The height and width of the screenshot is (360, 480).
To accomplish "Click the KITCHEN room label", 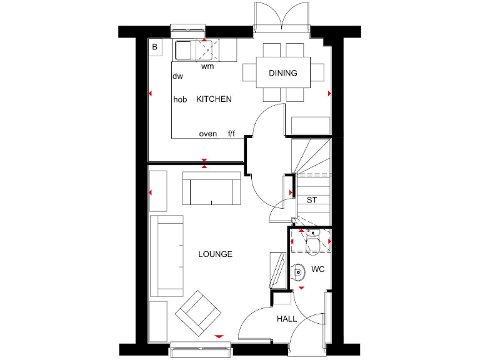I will pyautogui.click(x=214, y=99).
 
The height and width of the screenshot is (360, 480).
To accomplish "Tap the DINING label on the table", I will pyautogui.click(x=282, y=73).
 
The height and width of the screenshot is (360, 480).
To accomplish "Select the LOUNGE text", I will pyautogui.click(x=215, y=254).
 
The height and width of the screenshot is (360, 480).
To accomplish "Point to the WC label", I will pyautogui.click(x=317, y=270).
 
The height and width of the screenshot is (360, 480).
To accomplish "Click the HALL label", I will pyautogui.click(x=287, y=319).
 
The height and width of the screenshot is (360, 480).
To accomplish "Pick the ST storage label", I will pyautogui.click(x=311, y=200).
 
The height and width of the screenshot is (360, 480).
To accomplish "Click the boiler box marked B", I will pyautogui.click(x=154, y=46).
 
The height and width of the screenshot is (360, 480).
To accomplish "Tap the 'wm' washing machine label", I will pyautogui.click(x=207, y=66).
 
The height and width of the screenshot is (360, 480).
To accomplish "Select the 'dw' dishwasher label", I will pyautogui.click(x=177, y=76).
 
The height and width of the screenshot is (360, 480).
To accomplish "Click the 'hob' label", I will pyautogui.click(x=180, y=99).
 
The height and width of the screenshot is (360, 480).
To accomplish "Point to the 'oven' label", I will pyautogui.click(x=207, y=134).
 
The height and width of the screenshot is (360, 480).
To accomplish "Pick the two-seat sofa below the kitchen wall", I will pyautogui.click(x=212, y=188).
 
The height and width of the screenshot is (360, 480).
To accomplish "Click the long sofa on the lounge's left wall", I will pyautogui.click(x=166, y=256).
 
